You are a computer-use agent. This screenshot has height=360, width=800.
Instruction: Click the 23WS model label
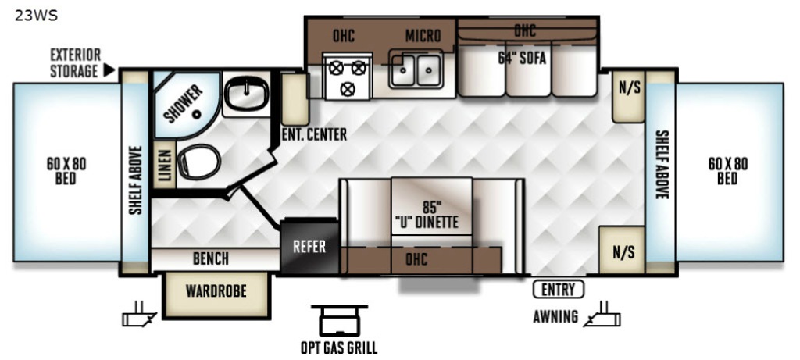pyautogui.click(x=36, y=16)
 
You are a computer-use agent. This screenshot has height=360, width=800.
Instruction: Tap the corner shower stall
pyautogui.click(x=185, y=104)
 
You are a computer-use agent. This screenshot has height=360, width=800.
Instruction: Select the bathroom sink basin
pyautogui.click(x=246, y=94)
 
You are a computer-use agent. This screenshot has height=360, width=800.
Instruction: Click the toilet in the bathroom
pyautogui.click(x=198, y=162)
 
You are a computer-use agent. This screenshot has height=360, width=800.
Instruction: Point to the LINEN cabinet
pyautogui.click(x=164, y=165)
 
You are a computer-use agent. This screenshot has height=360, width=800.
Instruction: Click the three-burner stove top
pyautogui.click(x=348, y=76)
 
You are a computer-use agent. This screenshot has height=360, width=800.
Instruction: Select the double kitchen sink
pyautogui.click(x=416, y=70)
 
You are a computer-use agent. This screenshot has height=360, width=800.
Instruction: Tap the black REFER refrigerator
pyautogui.click(x=309, y=246)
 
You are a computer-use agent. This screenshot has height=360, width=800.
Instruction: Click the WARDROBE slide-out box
pyautogui.click(x=216, y=294)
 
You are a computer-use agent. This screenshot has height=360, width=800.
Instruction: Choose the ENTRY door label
pyautogui.click(x=558, y=290)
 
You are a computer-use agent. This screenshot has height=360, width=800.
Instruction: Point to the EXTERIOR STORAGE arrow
pyautogui.click(x=109, y=70)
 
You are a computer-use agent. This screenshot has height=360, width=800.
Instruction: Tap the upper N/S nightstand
pyautogui.click(x=629, y=96)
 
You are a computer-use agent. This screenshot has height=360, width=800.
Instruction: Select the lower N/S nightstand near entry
pyautogui.click(x=622, y=251)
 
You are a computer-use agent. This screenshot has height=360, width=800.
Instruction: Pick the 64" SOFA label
pyautogui.click(x=522, y=59)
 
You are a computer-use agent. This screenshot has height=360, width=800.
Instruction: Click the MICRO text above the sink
pyautogui.click(x=423, y=36)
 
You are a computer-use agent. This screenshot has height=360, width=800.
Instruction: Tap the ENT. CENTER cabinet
pyautogui.click(x=295, y=99)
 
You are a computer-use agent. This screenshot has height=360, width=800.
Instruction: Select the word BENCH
pyautogui.click(x=211, y=259)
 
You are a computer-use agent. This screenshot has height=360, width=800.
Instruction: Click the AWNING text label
pyautogui.click(x=555, y=316)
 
